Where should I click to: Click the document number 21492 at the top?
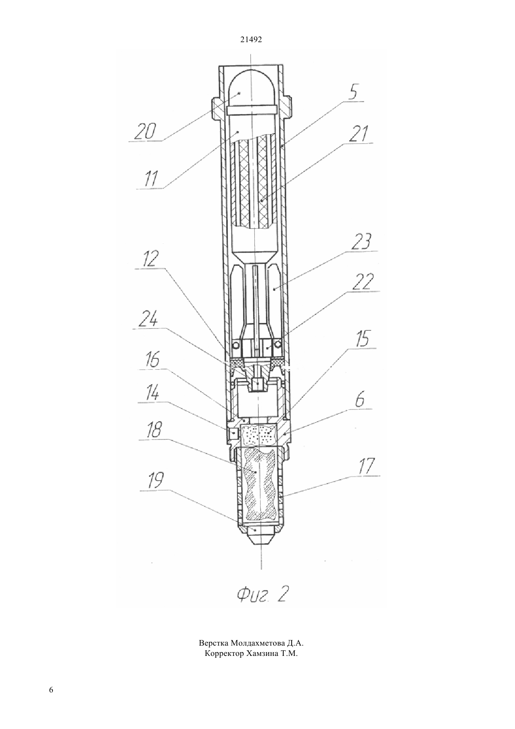pyautogui.click(x=250, y=40)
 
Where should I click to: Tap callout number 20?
pyautogui.click(x=145, y=131)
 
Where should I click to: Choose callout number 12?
pyautogui.click(x=149, y=260)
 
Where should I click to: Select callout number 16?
pyautogui.click(x=151, y=360)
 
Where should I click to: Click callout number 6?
pyautogui.click(x=360, y=400)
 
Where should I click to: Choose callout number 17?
pyautogui.click(x=367, y=466)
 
